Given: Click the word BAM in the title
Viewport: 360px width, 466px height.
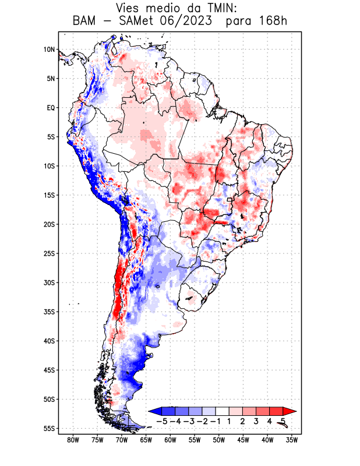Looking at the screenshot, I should pyautogui.click(x=85, y=22).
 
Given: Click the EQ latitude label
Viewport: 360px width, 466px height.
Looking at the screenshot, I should pyautogui.click(x=50, y=108).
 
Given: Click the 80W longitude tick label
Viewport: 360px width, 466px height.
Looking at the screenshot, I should pyautogui.click(x=73, y=440).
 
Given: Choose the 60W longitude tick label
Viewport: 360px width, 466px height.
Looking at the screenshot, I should pyautogui.click(x=171, y=440).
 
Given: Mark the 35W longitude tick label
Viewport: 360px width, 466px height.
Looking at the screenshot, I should pyautogui.click(x=292, y=440).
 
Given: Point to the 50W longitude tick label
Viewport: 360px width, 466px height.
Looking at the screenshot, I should pyautogui.click(x=219, y=440).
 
